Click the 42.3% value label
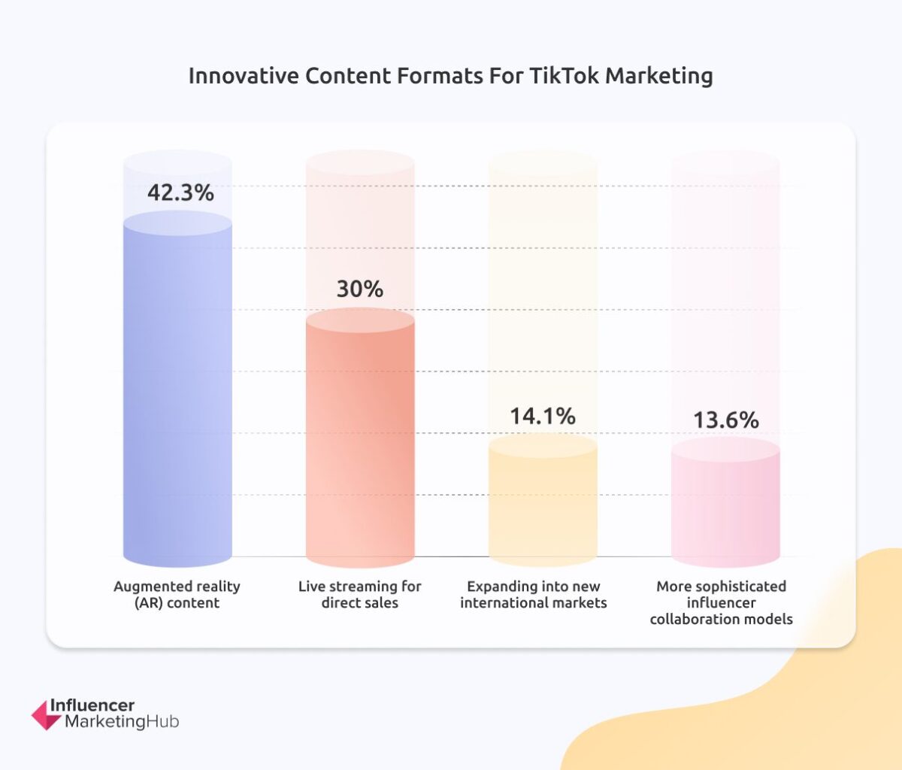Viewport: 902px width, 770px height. tap(180, 192)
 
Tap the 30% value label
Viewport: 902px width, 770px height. tap(360, 289)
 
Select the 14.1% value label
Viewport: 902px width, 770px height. tap(543, 416)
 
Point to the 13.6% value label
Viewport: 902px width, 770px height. tap(725, 420)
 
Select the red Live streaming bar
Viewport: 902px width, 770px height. tap(360, 444)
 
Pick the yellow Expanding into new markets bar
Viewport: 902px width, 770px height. tap(543, 504)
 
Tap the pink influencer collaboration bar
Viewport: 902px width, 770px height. tap(725, 508)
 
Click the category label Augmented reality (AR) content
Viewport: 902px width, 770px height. tap(177, 594)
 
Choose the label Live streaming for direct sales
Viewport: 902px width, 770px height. tap(360, 594)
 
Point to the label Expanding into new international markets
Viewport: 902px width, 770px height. tap(534, 594)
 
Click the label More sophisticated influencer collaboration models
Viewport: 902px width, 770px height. tap(722, 602)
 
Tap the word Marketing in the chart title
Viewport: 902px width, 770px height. tap(659, 76)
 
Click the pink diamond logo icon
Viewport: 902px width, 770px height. tap(46, 715)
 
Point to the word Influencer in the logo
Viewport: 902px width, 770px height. tap(92, 705)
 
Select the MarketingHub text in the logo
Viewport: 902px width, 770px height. tap(122, 722)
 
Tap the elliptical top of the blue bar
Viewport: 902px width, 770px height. tap(177, 223)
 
